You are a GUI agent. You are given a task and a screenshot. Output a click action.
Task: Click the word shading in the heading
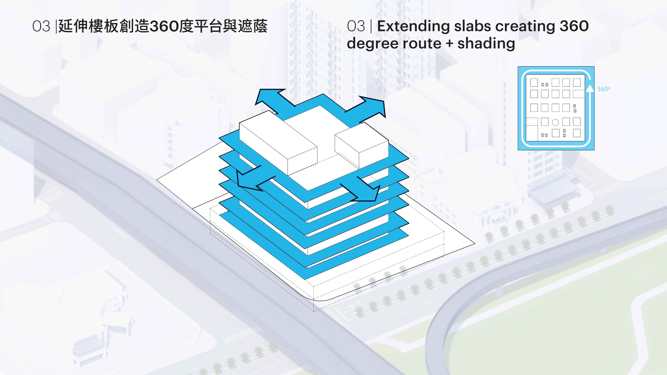coord(486,43)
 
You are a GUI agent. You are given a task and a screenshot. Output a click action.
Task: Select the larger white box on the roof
coord(278,145)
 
